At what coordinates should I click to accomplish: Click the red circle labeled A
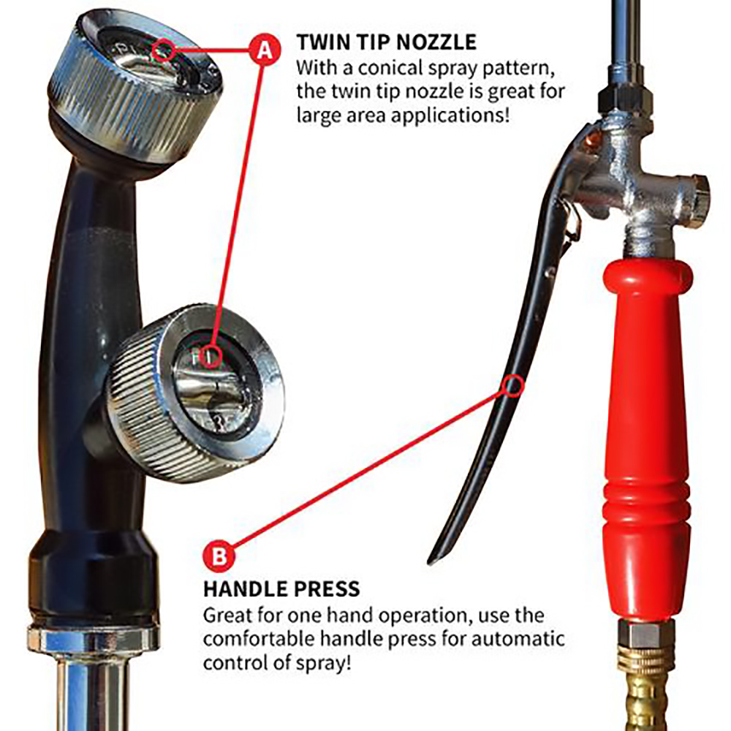pos(264,50)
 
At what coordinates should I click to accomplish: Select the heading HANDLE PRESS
pos(281,588)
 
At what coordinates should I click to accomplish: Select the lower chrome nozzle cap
pos(194,395)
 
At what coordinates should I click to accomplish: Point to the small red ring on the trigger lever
pos(512,385)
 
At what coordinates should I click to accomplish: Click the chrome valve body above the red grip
pos(636,190)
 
